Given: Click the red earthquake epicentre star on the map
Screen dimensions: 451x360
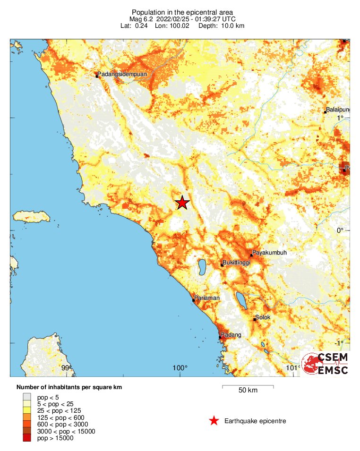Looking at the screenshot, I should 182,203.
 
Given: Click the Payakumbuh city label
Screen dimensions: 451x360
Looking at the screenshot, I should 269,253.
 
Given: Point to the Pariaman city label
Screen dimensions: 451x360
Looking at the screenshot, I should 208,298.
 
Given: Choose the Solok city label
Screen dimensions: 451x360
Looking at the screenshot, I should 263,317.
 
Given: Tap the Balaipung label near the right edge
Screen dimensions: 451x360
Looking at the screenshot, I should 338,110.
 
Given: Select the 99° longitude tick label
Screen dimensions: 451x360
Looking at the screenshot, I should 66,368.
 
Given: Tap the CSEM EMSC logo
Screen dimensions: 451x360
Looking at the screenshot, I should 325,364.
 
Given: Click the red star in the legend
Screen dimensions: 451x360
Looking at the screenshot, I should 214,421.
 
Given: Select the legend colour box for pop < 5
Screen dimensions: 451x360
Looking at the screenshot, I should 27,397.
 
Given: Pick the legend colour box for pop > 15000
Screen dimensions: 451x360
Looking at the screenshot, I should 27,438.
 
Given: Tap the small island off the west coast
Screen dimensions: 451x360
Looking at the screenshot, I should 31,217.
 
